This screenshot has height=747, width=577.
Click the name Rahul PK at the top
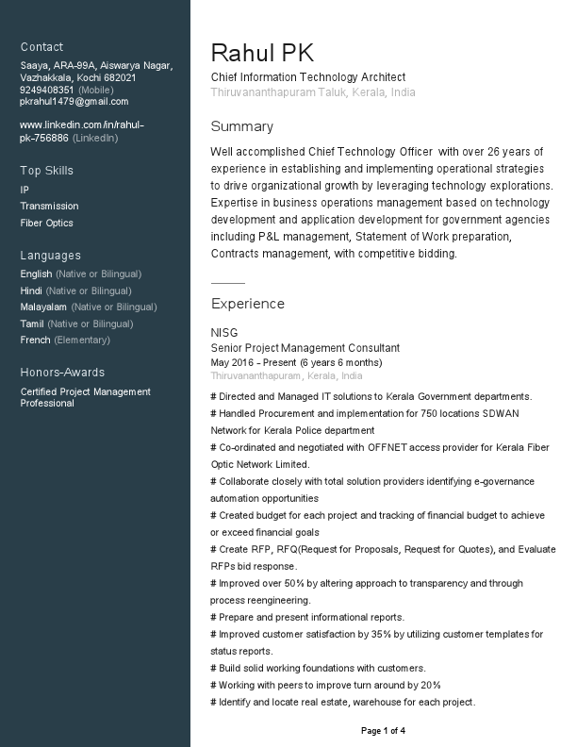pyautogui.click(x=262, y=53)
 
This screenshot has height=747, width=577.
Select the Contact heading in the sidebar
pyautogui.click(x=41, y=47)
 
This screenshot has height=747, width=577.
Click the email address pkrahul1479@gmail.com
pyautogui.click(x=74, y=102)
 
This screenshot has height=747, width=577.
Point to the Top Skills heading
pyautogui.click(x=46, y=171)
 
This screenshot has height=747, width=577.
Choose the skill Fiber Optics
pyautogui.click(x=46, y=224)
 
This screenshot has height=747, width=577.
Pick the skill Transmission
pyautogui.click(x=49, y=207)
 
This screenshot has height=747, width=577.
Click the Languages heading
pyautogui.click(x=50, y=256)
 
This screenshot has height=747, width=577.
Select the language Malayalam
pyautogui.click(x=43, y=307)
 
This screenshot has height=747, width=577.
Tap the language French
pyautogui.click(x=36, y=340)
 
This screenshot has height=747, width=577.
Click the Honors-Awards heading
pyautogui.click(x=62, y=373)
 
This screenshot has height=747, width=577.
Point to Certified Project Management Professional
pyautogui.click(x=85, y=398)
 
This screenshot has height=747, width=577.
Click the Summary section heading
pyautogui.click(x=241, y=127)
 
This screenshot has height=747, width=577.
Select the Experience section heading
pyautogui.click(x=247, y=305)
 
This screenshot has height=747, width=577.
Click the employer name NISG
pyautogui.click(x=224, y=333)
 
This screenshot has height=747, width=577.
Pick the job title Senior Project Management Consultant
pyautogui.click(x=305, y=348)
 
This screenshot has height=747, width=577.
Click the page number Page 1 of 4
pyautogui.click(x=383, y=731)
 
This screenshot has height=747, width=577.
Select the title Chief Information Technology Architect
pyautogui.click(x=308, y=77)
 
